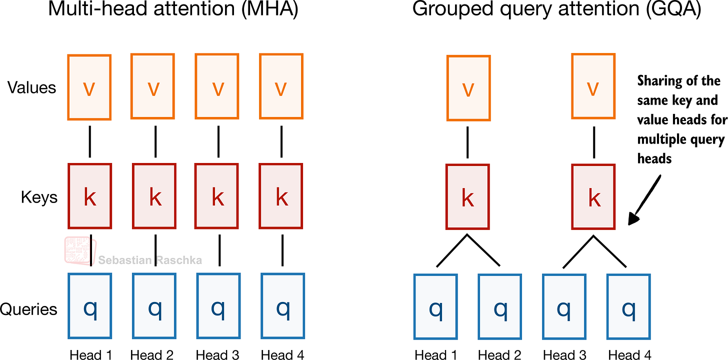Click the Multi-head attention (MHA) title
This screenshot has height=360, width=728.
[x=173, y=11]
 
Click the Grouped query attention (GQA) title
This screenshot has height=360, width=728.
[x=556, y=11]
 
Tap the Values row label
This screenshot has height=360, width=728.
[x=32, y=87]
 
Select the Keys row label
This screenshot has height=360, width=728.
[x=39, y=197]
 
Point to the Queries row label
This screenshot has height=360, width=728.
[x=28, y=309]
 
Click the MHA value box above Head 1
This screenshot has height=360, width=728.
[x=89, y=87]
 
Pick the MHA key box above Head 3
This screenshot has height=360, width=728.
[x=218, y=197]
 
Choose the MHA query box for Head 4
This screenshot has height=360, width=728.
[x=282, y=306]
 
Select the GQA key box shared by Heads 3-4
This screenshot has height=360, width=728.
[x=593, y=196]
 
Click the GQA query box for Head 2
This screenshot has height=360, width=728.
[x=499, y=306]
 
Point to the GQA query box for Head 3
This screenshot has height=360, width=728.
[x=563, y=306]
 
